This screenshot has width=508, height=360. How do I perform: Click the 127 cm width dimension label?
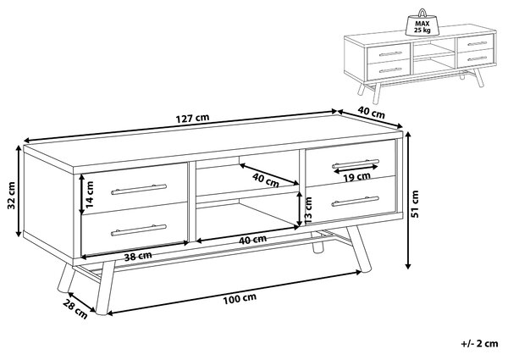pos(192,119)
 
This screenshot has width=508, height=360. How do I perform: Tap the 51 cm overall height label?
pos(415,203)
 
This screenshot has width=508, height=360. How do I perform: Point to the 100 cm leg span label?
pos(240,299)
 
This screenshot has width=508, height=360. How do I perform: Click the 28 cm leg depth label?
pos(75,309)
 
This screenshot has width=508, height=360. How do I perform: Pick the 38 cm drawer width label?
pos(138,257)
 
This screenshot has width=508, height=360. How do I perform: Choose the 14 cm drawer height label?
pos(90,194)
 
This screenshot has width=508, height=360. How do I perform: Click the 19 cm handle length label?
pos(356,176)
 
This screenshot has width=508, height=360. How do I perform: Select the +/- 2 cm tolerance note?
pos(479,343)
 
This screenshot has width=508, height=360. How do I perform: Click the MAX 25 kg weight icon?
pos(422,23)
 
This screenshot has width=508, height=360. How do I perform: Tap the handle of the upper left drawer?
pos(139,190)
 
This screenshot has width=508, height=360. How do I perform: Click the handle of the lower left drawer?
pos(139,230)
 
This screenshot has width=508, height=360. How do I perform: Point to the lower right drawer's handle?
pos(356,202)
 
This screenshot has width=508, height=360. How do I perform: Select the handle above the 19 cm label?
pos(356,163)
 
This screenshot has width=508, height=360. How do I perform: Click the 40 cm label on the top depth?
pos(372,113)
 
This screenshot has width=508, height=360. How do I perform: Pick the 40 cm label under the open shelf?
pos(252,240)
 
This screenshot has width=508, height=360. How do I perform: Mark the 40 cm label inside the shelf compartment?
pos(266,180)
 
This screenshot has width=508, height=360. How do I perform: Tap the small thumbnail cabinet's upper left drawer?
pos(389,54)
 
